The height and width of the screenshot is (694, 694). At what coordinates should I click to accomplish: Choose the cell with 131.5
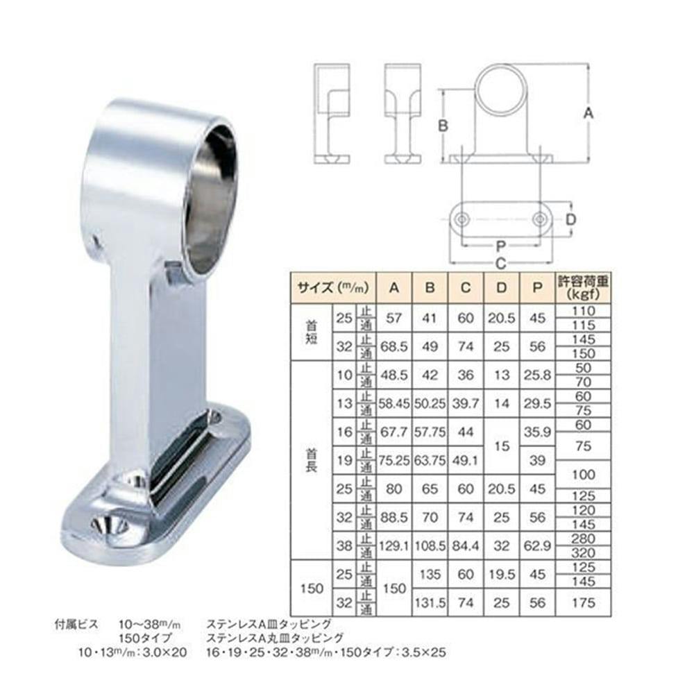pos(430,603)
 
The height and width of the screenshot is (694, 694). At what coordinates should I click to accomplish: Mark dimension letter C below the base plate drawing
pos(500,263)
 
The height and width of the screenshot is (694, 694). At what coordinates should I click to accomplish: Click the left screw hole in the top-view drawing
pos(462,219)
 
